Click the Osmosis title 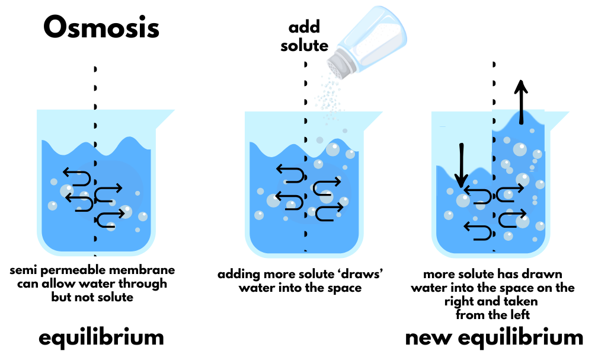(x=101, y=27)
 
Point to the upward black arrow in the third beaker (x=521, y=101)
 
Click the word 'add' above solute (x=304, y=27)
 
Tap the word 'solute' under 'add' (x=304, y=45)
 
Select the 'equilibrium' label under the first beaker (x=101, y=337)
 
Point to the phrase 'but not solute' (x=92, y=297)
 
